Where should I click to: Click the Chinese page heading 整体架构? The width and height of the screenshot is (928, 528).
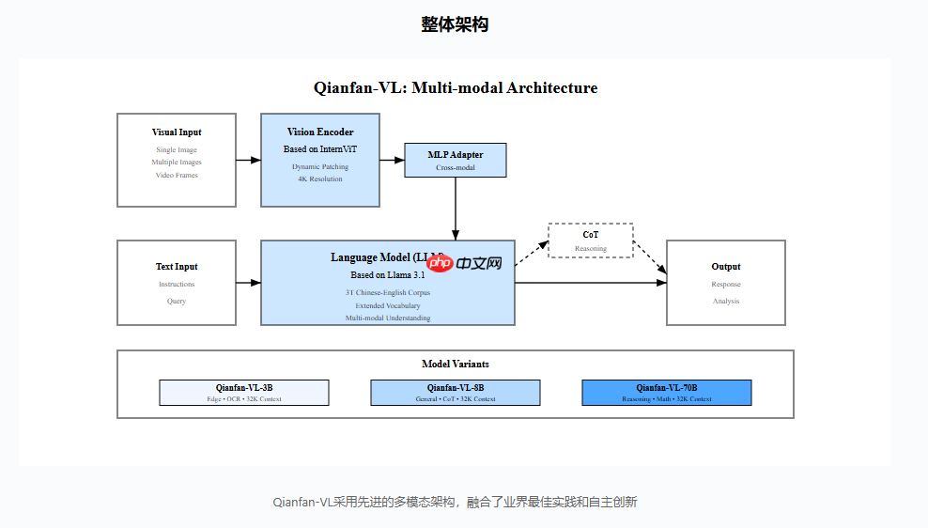455,25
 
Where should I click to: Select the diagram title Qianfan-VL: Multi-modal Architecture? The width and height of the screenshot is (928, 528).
456,88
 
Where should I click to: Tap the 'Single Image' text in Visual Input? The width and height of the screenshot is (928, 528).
177,149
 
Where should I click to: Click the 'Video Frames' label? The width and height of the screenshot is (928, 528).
177,175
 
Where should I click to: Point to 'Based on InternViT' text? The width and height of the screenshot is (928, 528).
320,148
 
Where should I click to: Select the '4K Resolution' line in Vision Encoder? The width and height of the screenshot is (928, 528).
320,179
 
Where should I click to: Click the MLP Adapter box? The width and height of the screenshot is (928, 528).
456,160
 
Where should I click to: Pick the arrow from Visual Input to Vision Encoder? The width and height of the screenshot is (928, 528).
248,161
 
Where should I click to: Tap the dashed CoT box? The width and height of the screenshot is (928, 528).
591,241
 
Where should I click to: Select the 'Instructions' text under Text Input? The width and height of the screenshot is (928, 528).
177,284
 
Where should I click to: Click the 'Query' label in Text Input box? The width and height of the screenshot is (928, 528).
177,301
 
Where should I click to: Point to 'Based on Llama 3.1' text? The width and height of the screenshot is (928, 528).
388,275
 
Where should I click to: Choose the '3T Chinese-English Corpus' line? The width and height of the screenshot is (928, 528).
388,292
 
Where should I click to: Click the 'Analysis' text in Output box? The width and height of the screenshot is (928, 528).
726,301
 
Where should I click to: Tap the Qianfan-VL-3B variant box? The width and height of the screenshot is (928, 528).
244,393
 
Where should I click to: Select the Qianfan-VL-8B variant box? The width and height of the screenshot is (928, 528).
456,393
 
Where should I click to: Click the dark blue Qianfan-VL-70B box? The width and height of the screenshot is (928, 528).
667,393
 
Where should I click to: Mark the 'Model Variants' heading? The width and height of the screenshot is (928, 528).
456,364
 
